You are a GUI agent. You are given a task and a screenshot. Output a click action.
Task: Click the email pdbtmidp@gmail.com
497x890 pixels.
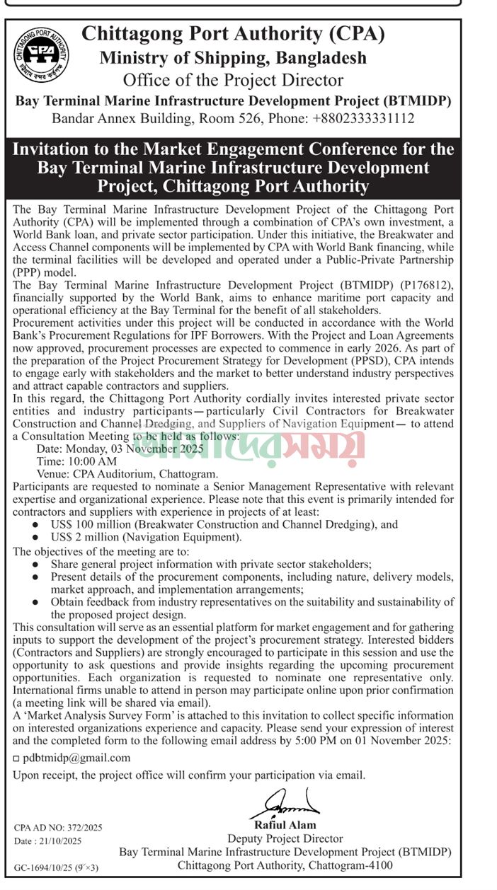point(76,757)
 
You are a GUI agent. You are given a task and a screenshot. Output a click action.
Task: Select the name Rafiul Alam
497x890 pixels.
point(285,825)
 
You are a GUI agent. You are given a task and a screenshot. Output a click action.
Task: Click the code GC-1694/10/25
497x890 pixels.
point(45,867)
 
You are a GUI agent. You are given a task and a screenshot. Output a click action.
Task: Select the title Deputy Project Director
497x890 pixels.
point(285,838)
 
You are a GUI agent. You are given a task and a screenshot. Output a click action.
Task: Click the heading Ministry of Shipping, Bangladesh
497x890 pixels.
point(233,58)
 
